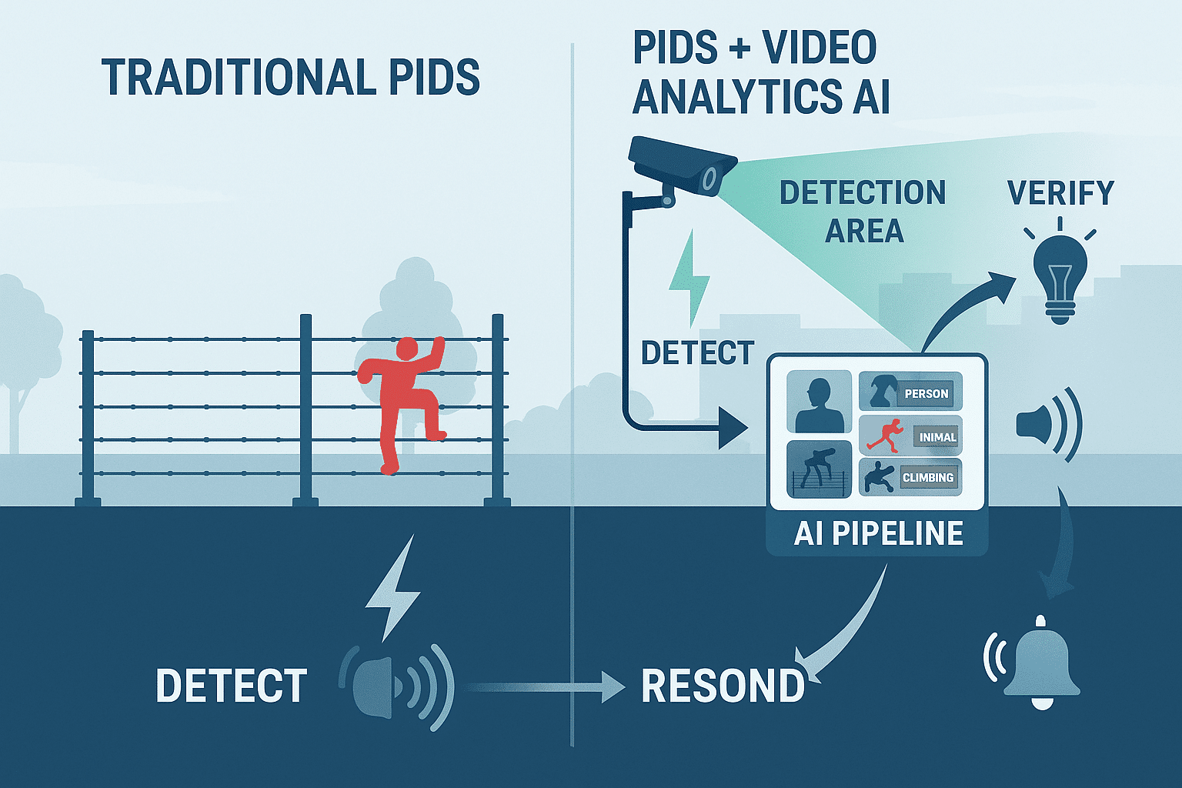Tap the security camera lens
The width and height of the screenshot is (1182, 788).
coord(710,180)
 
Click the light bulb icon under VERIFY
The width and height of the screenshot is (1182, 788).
coord(1060,277)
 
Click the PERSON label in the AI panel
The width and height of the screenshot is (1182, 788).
coord(926,393)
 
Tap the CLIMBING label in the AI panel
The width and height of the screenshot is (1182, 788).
coord(928,477)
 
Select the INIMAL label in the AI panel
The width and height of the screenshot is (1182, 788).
coord(937,437)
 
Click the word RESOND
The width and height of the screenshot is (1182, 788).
coord(723,686)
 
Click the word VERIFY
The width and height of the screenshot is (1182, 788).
coord(1060,193)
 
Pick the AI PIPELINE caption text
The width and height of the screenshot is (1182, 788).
coord(878,533)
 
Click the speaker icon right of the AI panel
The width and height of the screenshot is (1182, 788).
coord(1047,424)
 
